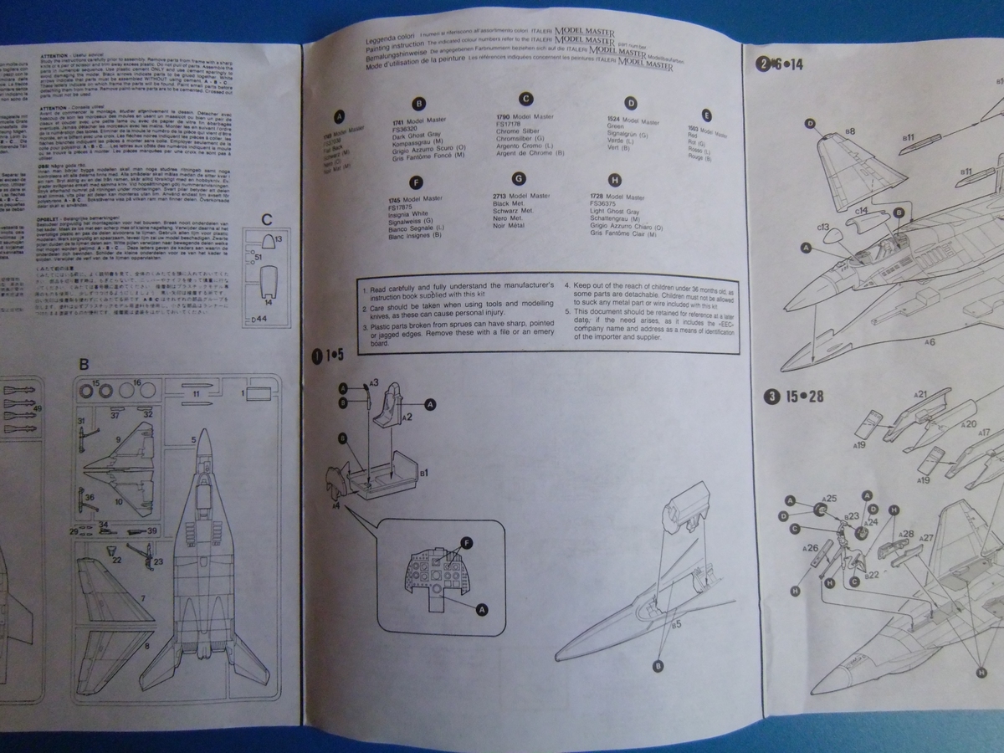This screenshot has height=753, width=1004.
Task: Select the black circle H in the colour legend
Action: pyautogui.click(x=615, y=179)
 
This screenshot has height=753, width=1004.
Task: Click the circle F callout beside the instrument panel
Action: pyautogui.click(x=466, y=543)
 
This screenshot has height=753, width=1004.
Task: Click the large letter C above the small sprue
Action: pyautogui.click(x=267, y=220)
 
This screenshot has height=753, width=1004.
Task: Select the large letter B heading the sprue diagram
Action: pyautogui.click(x=84, y=364)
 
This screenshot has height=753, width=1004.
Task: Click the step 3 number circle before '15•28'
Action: pyautogui.click(x=769, y=396)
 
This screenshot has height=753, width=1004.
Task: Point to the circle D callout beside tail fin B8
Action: pyautogui.click(x=810, y=124)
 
